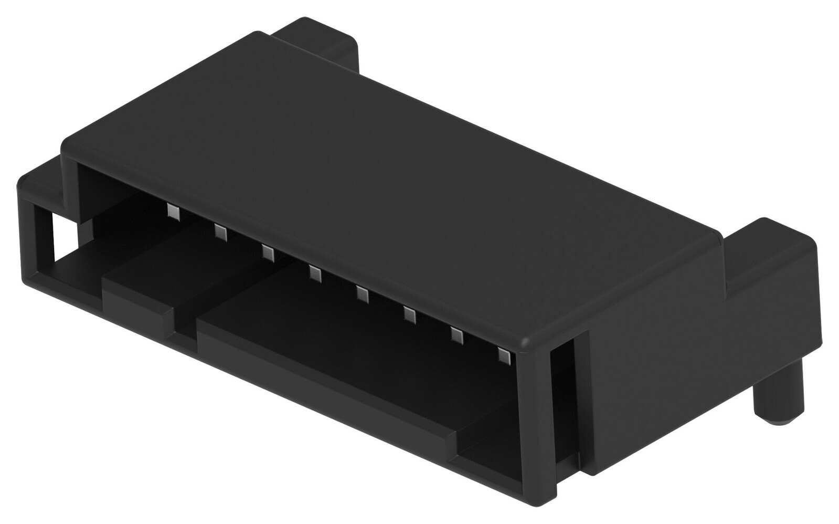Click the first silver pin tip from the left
[x=173, y=211]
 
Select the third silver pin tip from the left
[x=268, y=253]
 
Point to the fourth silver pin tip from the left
[x=315, y=273]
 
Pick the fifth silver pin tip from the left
[x=362, y=294]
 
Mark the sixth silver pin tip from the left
[x=409, y=315]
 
